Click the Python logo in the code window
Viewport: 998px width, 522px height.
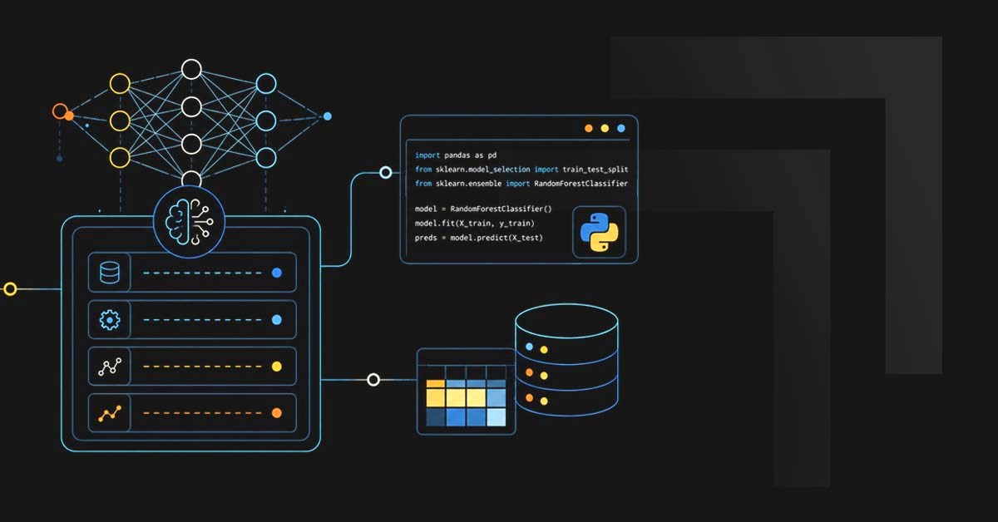pos(600,232)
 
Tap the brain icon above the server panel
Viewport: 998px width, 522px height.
pos(189,221)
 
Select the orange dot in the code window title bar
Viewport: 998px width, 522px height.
pos(589,128)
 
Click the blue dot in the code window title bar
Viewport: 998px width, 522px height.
pos(621,128)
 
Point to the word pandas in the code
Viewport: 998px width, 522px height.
pos(457,155)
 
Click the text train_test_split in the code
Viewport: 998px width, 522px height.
pos(595,170)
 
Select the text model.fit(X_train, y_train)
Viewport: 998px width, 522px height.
pos(475,223)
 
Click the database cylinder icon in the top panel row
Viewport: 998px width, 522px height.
pos(110,273)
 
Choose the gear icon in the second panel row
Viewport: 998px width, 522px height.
pos(110,320)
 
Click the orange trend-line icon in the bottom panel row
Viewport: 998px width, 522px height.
pos(110,413)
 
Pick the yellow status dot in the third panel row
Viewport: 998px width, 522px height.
pos(277,367)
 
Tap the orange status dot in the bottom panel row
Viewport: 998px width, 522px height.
pos(277,413)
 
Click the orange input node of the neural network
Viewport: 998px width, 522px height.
pos(60,111)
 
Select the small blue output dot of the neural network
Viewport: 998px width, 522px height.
pos(328,116)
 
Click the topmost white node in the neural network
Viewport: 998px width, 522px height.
pos(191,70)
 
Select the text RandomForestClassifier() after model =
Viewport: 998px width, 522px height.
pos(501,209)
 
